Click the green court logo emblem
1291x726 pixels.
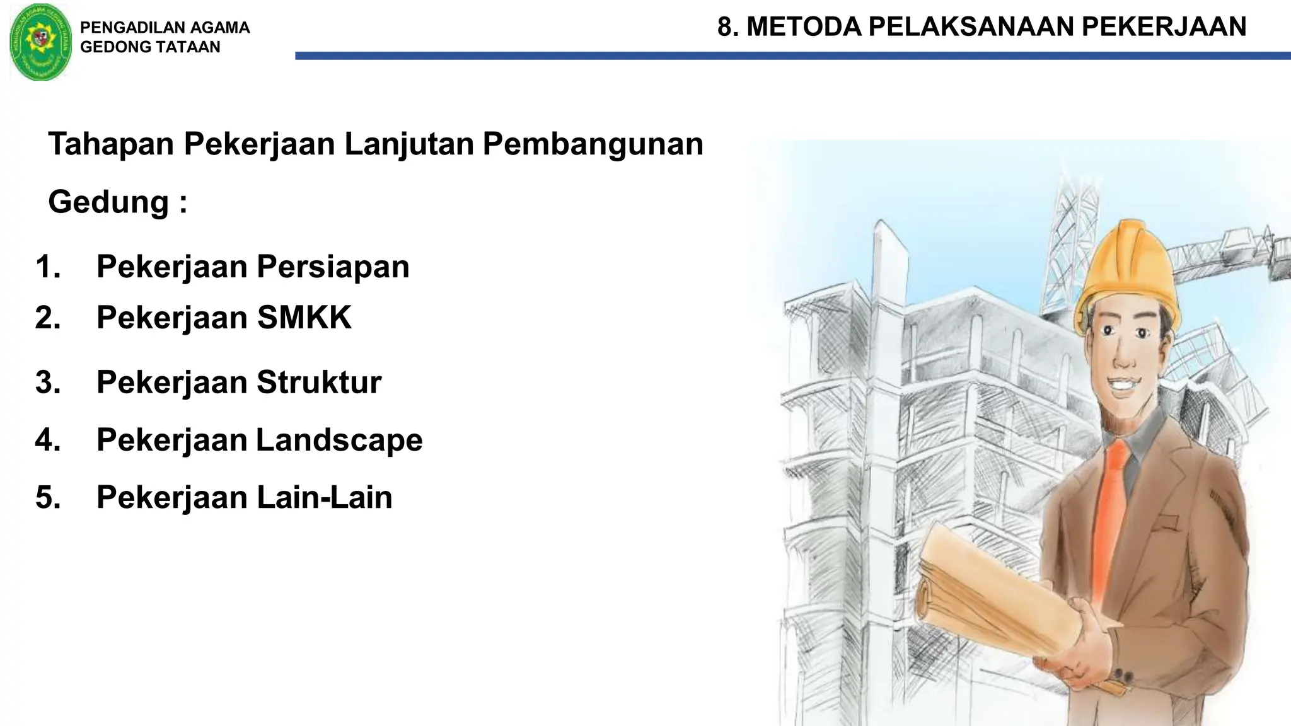click(x=41, y=42)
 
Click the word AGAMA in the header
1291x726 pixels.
click(x=219, y=28)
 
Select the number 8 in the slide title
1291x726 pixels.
click(x=726, y=27)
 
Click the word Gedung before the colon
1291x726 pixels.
click(x=109, y=202)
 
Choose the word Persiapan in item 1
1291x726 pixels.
click(x=333, y=267)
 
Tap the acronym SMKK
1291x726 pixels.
click(x=304, y=318)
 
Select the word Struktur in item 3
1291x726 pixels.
click(x=318, y=383)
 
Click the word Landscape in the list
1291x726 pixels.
click(x=339, y=440)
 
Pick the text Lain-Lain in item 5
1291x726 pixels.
click(x=324, y=497)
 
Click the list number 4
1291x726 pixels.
click(x=48, y=440)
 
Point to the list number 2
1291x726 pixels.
click(x=48, y=318)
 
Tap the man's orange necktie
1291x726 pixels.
click(x=1111, y=504)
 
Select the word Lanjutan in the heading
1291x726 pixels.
click(x=409, y=144)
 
